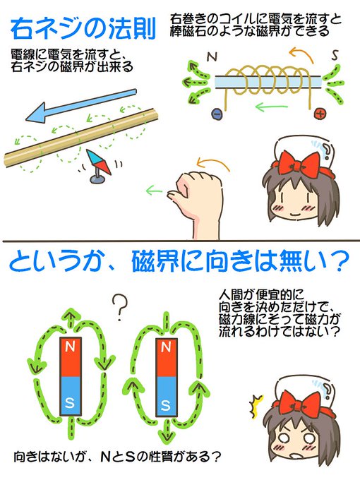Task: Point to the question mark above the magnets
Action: click(x=119, y=305)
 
